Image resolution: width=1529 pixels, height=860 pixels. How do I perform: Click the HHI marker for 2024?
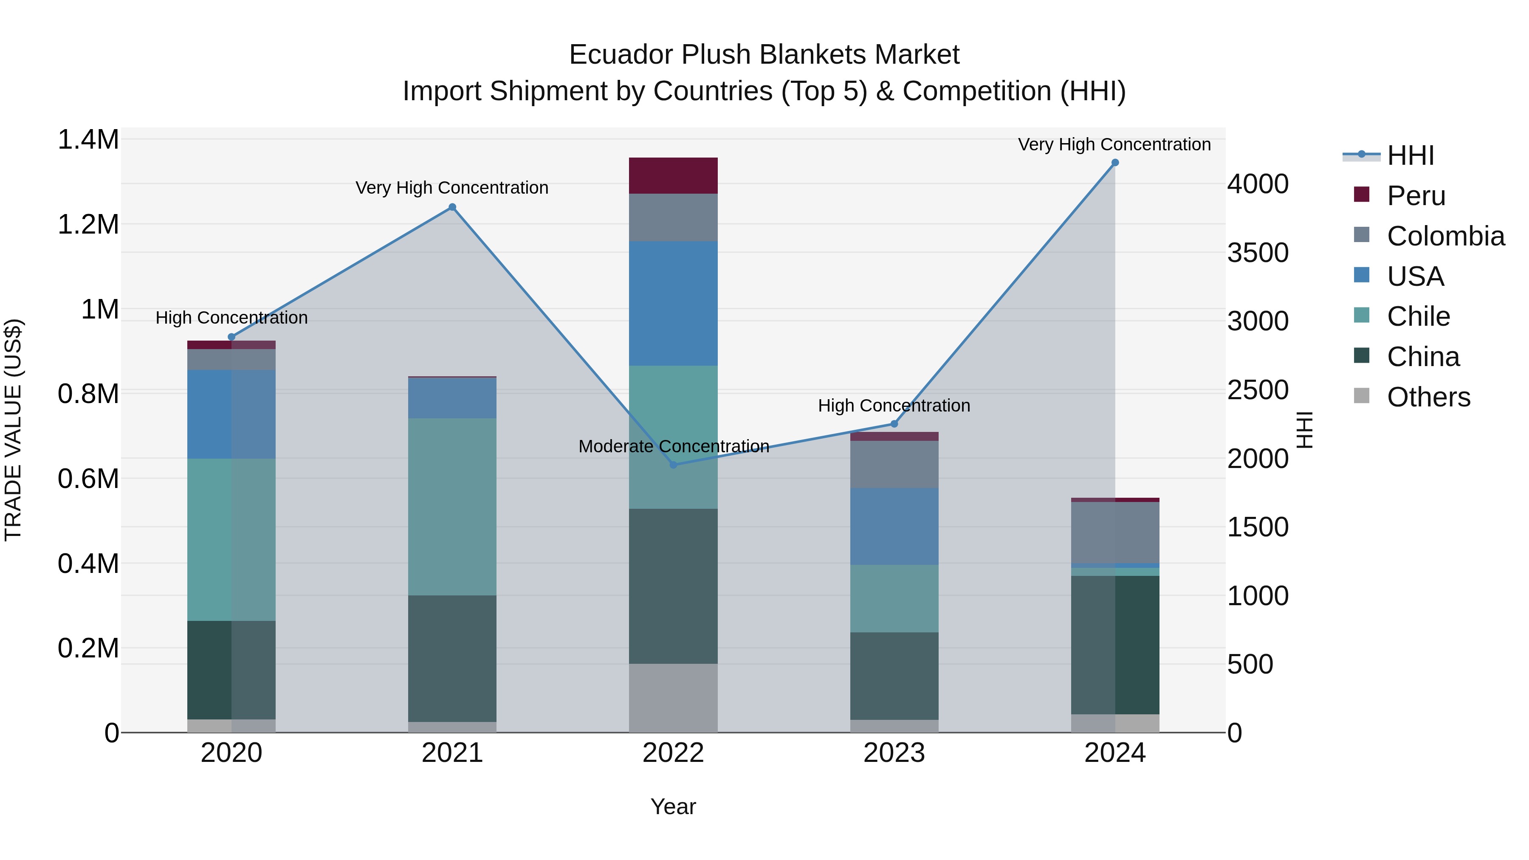pyautogui.click(x=1115, y=163)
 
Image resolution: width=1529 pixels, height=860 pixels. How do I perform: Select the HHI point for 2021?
pyautogui.click(x=452, y=207)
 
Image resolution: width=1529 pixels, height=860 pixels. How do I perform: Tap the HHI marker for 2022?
pyautogui.click(x=673, y=465)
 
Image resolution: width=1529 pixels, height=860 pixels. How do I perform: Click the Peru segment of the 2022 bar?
pyautogui.click(x=673, y=176)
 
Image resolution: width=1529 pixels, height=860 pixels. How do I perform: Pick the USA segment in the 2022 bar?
pyautogui.click(x=673, y=303)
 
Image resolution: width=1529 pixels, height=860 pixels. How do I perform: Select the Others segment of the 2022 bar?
pyautogui.click(x=673, y=698)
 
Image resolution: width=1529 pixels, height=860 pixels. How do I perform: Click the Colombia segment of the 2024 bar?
pyautogui.click(x=1115, y=533)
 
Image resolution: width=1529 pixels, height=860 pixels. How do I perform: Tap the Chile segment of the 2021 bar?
pyautogui.click(x=452, y=507)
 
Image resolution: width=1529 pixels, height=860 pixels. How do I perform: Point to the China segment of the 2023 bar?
pyautogui.click(x=894, y=676)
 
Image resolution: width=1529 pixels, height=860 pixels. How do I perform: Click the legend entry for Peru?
pyautogui.click(x=1416, y=196)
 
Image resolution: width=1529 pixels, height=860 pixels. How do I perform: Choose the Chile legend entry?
pyautogui.click(x=1419, y=316)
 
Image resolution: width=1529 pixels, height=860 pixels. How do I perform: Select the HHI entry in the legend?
pyautogui.click(x=1410, y=155)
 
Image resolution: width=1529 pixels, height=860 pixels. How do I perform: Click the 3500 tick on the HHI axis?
pyautogui.click(x=1258, y=253)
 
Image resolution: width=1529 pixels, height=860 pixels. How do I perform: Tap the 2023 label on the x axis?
pyautogui.click(x=894, y=753)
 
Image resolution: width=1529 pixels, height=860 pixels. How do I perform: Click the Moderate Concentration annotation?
pyautogui.click(x=674, y=446)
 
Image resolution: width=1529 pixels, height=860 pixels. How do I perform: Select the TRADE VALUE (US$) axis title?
pyautogui.click(x=14, y=430)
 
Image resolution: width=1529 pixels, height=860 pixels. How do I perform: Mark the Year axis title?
pyautogui.click(x=673, y=806)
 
